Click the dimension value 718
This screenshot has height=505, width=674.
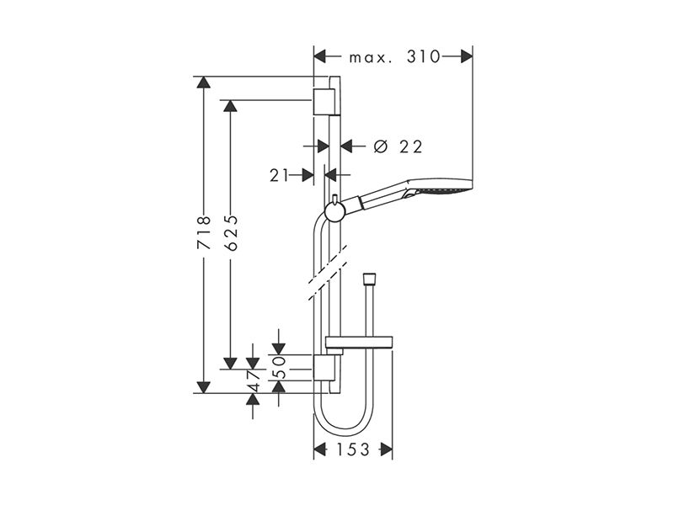coord(204,232)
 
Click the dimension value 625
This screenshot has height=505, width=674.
coord(231,232)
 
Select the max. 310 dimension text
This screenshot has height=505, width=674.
coord(394,56)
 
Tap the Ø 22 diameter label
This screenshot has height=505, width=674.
coord(398,146)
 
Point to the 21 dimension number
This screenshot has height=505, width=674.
coord(280,175)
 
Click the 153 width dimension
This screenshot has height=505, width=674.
coord(352,449)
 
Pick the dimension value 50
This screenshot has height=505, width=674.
coord(280,367)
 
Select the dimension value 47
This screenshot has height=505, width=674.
coord(254,380)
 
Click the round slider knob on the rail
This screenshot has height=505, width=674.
coord(334,211)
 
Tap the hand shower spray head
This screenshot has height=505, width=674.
coord(438,189)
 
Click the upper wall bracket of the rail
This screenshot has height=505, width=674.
coord(324,102)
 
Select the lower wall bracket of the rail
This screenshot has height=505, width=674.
coord(324,368)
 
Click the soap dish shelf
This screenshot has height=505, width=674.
coord(359,342)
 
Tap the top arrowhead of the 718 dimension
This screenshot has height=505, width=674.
coord(203,82)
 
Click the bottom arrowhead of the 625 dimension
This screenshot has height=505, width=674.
coord(230,364)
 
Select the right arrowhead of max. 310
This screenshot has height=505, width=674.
coord(467,56)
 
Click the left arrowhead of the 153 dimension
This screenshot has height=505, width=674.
coord(320,449)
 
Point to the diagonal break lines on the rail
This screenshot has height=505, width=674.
coord(328,272)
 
